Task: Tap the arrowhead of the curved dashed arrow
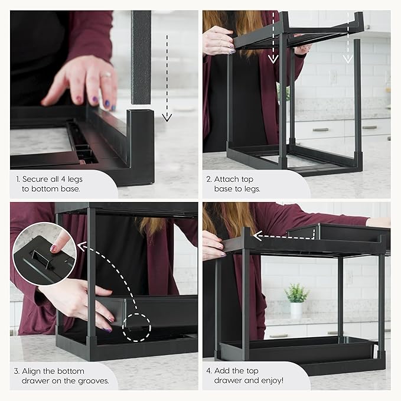coord(81,246)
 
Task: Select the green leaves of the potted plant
coord(296,292)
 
